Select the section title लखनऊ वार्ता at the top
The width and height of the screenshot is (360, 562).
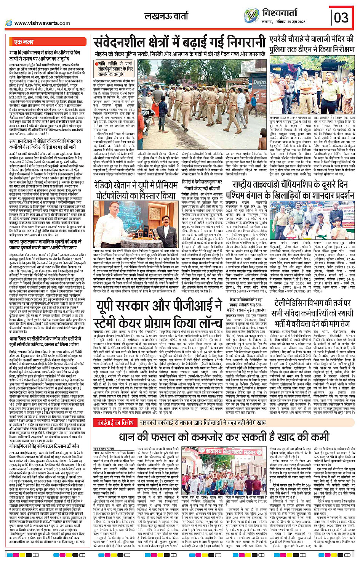pos(166,16)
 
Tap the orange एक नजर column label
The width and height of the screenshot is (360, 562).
pos(24,42)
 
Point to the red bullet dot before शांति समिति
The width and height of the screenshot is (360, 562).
pos(98,64)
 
